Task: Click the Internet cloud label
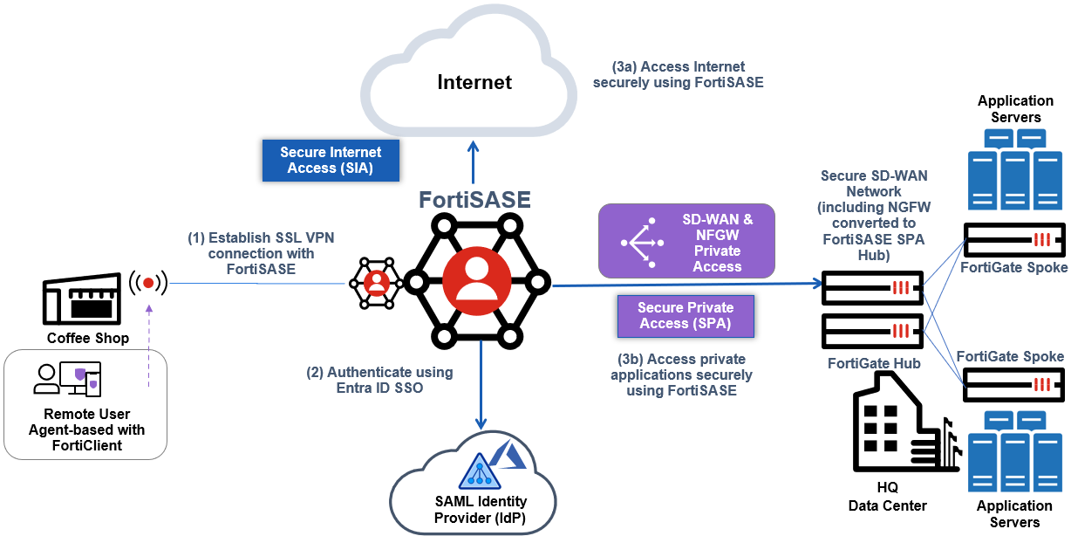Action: [x=474, y=83]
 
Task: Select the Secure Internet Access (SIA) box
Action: [x=331, y=160]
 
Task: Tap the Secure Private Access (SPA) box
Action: [x=686, y=315]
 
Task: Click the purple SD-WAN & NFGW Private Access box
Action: [x=686, y=242]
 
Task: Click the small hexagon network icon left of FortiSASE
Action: [x=377, y=282]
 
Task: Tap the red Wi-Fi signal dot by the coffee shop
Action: [x=149, y=283]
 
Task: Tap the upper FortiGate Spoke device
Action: [x=1014, y=239]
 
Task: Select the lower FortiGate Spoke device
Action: [x=1014, y=384]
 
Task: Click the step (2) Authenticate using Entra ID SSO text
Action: [x=379, y=380]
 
